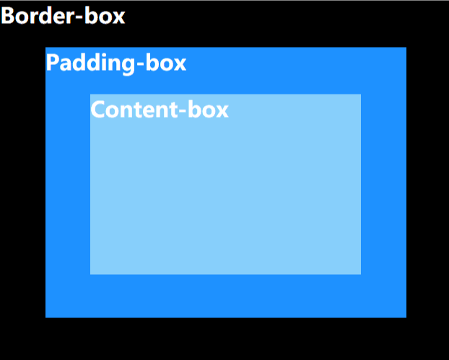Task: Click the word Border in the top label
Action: pyautogui.click(x=34, y=16)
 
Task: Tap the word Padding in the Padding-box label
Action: pyautogui.click(x=87, y=63)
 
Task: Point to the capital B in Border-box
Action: pyautogui.click(x=8, y=16)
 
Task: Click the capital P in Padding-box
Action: pyautogui.click(x=53, y=63)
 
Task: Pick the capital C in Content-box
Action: pyautogui.click(x=98, y=110)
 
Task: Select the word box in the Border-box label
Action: pyautogui.click(x=103, y=16)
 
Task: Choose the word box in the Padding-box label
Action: pyautogui.click(x=163, y=63)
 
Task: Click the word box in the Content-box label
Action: pyautogui.click(x=208, y=110)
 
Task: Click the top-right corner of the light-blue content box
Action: pyautogui.click(x=360, y=95)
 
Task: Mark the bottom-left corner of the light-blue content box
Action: pyautogui.click(x=91, y=273)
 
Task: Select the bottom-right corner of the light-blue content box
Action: pyautogui.click(x=360, y=273)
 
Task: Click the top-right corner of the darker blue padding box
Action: pyautogui.click(x=406, y=48)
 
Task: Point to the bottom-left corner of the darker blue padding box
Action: pyautogui.click(x=46, y=316)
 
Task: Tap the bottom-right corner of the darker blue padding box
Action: pyautogui.click(x=406, y=316)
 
